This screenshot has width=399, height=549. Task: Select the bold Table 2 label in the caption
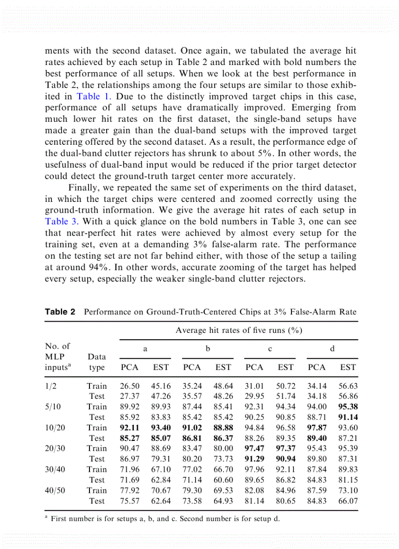point(60,311)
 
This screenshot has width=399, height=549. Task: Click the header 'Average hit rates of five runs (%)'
point(239,330)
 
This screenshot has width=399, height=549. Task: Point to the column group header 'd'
point(332,349)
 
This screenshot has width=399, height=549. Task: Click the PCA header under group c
point(254,367)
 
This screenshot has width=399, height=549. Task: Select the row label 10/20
point(55,427)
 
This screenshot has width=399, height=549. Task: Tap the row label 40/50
point(55,490)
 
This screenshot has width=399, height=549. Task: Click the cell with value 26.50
point(130,386)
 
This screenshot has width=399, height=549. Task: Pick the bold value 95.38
point(348,406)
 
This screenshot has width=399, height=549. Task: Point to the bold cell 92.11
point(130,427)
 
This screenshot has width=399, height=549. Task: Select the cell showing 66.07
point(348,501)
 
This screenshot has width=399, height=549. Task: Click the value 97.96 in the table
point(254,469)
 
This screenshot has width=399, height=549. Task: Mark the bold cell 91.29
point(254,459)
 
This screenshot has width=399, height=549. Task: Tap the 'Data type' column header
point(97,362)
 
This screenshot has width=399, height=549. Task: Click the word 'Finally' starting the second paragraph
point(84,187)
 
